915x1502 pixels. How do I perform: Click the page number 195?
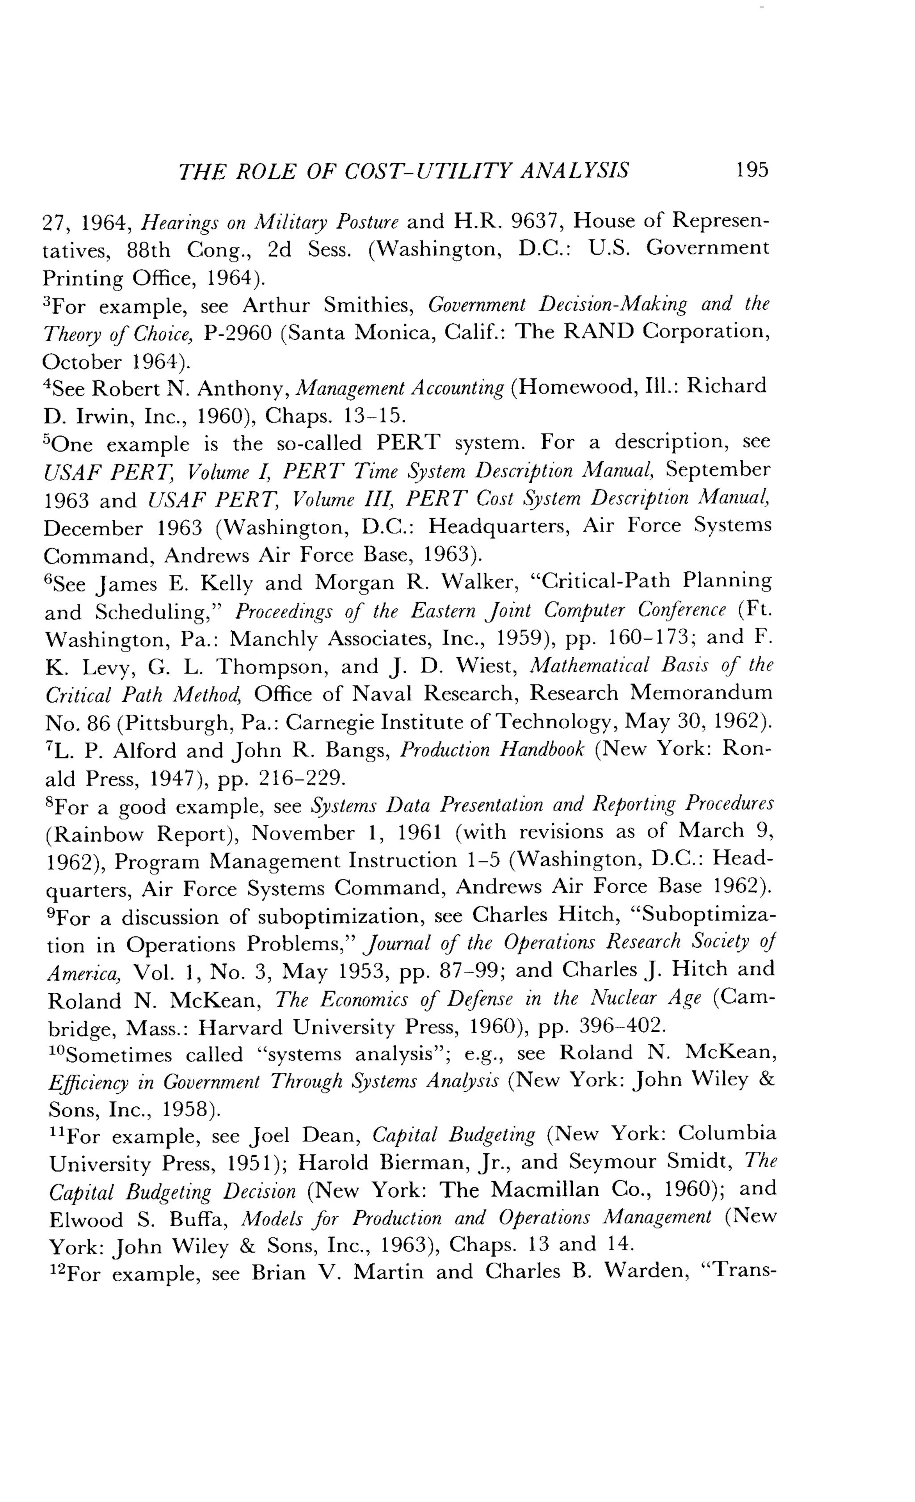tap(752, 169)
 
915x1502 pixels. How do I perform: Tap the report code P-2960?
tap(237, 333)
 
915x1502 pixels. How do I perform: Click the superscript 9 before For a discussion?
tap(50, 913)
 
